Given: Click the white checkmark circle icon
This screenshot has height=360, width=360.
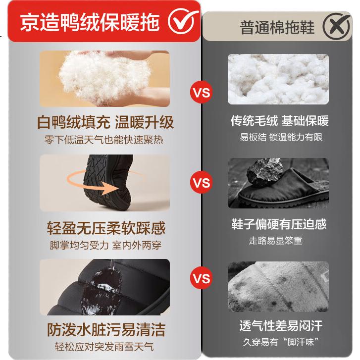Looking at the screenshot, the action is tap(183, 21).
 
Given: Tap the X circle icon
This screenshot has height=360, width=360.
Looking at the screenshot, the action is tap(337, 26).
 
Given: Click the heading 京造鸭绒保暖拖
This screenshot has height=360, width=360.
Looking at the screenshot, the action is tap(90, 22).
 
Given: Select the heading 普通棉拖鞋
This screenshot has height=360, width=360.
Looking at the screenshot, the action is tap(277, 28).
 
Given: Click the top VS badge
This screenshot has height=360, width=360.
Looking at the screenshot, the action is tap(202, 93).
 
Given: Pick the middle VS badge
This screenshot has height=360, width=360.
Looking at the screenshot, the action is tap(202, 183).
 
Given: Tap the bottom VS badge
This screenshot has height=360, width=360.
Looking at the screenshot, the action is tap(202, 278).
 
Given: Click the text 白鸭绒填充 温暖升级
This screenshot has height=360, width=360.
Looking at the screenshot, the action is tap(105, 122).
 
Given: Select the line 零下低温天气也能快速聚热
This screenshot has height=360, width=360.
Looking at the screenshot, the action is tap(104, 140).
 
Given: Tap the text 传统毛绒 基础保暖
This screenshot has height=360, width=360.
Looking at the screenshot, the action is tap(280, 120).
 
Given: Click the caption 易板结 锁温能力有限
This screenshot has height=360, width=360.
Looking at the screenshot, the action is tap(281, 137).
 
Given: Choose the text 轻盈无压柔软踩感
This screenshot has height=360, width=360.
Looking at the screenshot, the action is tap(106, 228).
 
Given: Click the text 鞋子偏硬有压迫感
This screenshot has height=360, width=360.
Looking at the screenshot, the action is tap(279, 224).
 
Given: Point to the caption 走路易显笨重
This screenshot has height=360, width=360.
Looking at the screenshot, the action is tap(275, 241).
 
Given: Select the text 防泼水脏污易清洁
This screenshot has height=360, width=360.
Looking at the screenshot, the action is tap(106, 329).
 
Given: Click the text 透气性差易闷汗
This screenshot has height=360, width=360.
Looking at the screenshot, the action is tap(281, 325).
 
